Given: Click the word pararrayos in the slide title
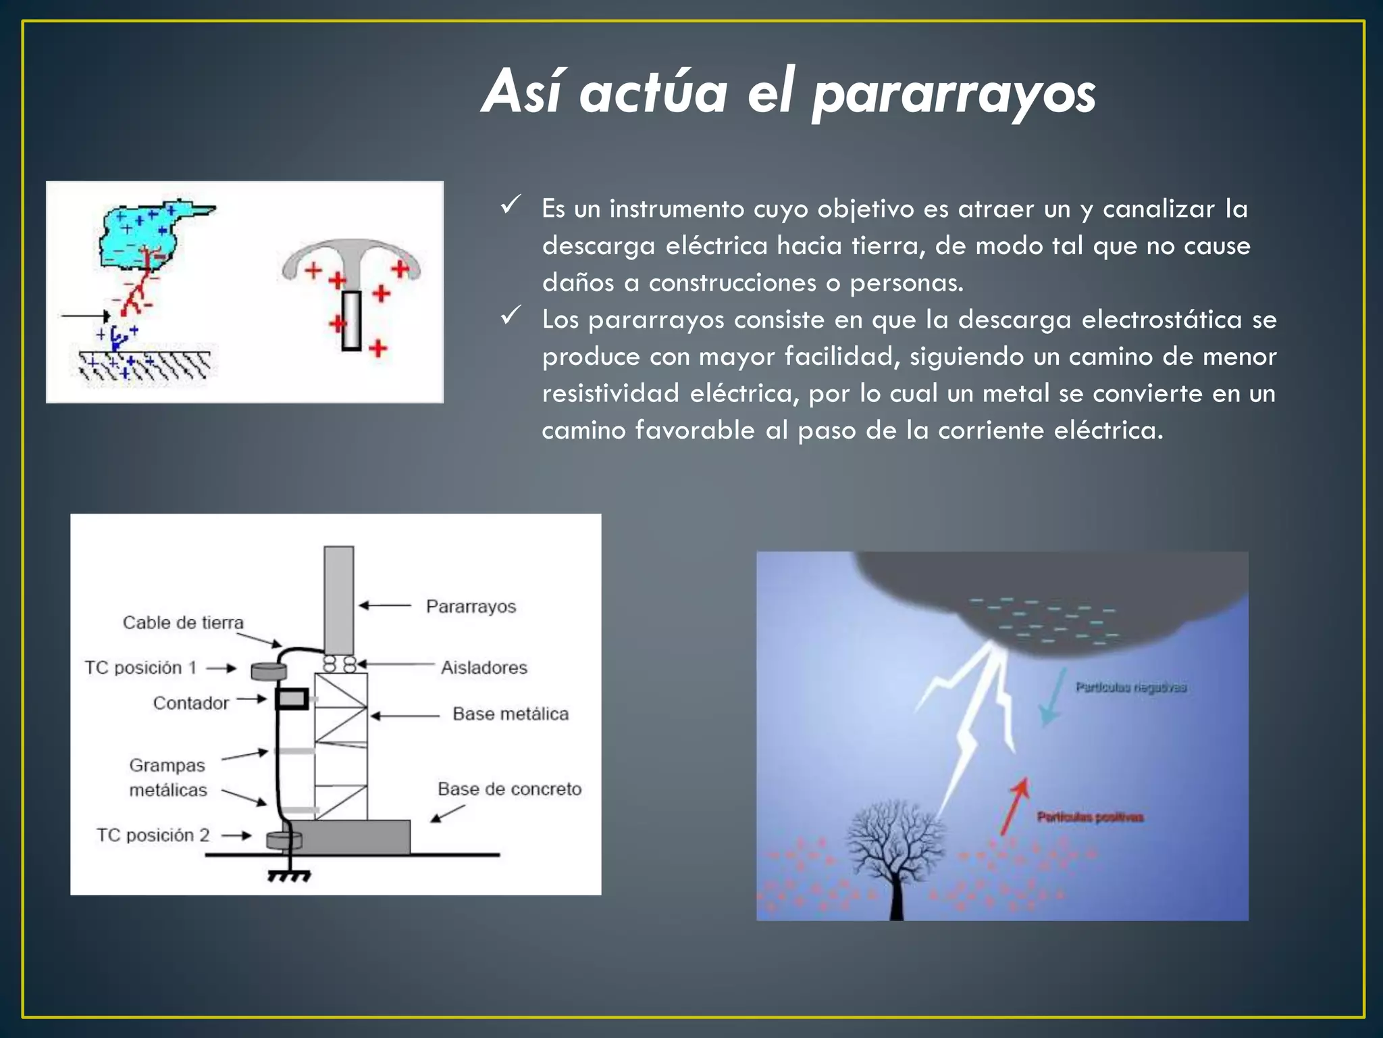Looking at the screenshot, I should pyautogui.click(x=954, y=95).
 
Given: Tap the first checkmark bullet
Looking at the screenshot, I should pyautogui.click(x=511, y=204).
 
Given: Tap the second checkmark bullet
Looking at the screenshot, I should pyautogui.click(x=511, y=315).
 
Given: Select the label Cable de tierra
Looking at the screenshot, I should pyautogui.click(x=183, y=622).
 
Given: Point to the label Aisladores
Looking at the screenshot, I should pyautogui.click(x=484, y=668).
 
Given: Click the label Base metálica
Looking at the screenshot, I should pyautogui.click(x=511, y=714).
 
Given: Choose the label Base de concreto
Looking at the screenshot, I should pyautogui.click(x=509, y=789).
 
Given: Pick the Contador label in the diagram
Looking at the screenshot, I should pyautogui.click(x=191, y=703).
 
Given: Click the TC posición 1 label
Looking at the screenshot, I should pyautogui.click(x=140, y=668).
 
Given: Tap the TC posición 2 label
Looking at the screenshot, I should pyautogui.click(x=153, y=835).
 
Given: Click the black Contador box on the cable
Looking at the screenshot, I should pyautogui.click(x=292, y=699).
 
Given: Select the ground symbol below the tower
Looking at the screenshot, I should pyautogui.click(x=289, y=876).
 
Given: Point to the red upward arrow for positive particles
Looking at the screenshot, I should pyautogui.click(x=1014, y=804).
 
